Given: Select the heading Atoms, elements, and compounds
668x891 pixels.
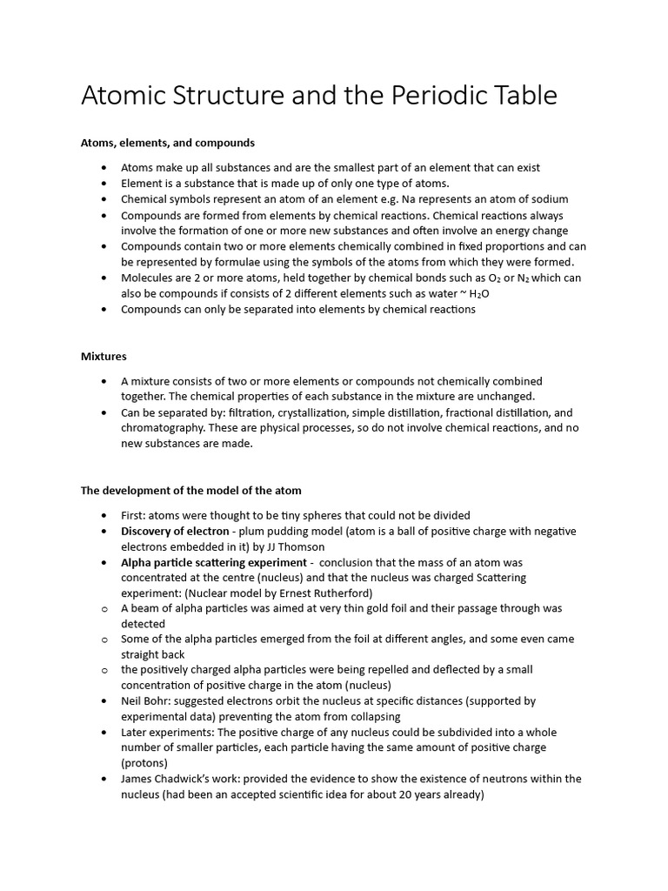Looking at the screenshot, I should coord(168,142).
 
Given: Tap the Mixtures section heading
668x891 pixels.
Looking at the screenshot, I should coord(104,356).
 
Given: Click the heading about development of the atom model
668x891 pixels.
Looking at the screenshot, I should coord(191,491).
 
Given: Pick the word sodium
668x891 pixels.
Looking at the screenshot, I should coord(549,199).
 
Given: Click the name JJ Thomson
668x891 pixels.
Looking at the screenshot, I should coord(296,546).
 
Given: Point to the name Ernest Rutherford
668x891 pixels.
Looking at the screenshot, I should coord(318,593).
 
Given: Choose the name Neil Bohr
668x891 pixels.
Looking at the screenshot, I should coord(147,700).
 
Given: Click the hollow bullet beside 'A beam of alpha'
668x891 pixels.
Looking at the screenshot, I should coord(104,608).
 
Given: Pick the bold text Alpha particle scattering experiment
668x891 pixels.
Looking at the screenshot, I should coord(214,562).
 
